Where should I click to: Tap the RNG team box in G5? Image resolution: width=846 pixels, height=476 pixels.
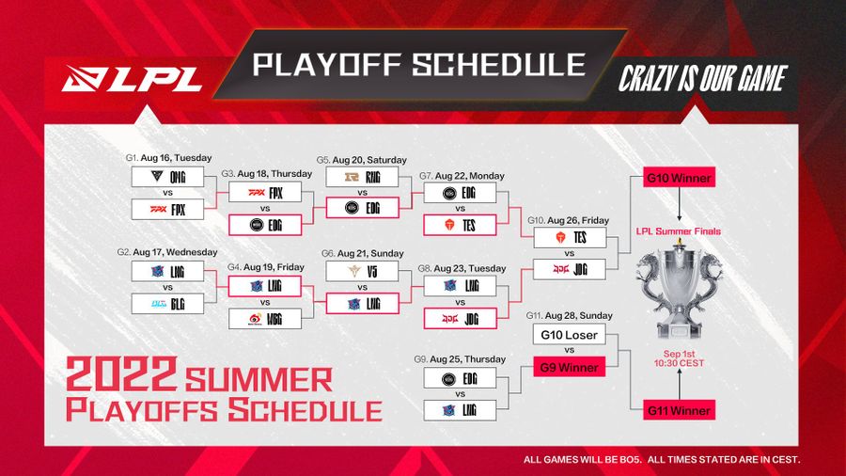355,176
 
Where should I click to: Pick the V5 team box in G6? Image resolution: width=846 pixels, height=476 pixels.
355,271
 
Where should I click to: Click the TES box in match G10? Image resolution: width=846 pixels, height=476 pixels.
569,238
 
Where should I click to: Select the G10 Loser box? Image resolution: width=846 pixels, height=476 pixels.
569,335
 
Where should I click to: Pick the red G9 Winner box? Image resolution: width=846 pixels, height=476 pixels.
569,367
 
